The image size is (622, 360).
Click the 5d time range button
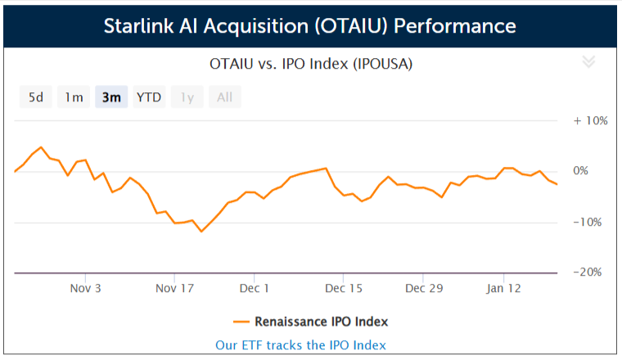36,97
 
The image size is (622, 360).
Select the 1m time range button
74,97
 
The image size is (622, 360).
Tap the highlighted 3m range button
111,97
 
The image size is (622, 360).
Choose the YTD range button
149,97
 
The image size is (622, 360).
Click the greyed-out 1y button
187,97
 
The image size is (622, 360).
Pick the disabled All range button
225,97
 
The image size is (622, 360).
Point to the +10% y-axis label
591,120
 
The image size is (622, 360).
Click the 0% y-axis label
581,171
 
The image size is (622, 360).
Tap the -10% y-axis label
588,222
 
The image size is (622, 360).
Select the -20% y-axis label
588,272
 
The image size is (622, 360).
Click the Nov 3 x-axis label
86,288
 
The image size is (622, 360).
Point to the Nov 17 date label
174,288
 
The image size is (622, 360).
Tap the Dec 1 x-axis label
255,288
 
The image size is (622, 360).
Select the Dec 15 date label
344,288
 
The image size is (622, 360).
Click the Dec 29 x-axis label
424,288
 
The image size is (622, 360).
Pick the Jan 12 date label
504,288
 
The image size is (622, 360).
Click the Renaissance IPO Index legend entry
311,322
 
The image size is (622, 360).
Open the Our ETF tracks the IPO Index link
300,345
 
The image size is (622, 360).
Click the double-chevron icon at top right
588,62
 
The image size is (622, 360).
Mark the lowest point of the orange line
201,232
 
